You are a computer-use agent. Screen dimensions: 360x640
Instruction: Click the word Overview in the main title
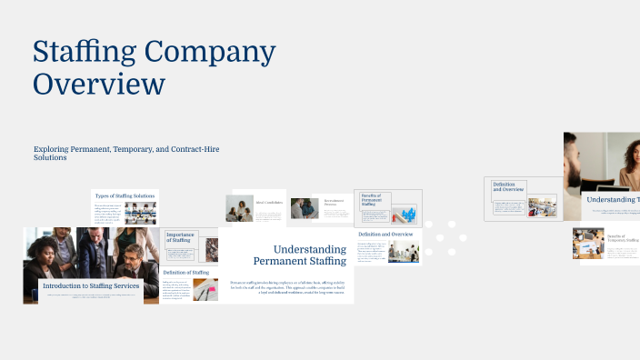pyautogui.click(x=99, y=84)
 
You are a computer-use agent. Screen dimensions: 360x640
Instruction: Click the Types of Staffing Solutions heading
pyautogui.click(x=125, y=195)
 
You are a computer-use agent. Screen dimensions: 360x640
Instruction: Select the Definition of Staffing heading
pyautogui.click(x=186, y=272)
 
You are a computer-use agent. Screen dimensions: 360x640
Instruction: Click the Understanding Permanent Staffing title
pyautogui.click(x=300, y=255)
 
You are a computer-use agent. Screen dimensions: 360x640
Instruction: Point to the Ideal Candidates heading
pyautogui.click(x=269, y=202)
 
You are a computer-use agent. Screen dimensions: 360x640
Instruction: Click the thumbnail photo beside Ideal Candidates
pyautogui.click(x=239, y=209)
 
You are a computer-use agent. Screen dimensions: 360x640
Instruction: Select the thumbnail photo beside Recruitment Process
pyautogui.click(x=304, y=209)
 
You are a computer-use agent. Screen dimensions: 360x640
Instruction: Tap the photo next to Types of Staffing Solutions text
pyautogui.click(x=140, y=213)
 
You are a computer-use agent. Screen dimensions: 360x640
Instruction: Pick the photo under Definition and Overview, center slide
pyautogui.click(x=403, y=251)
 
